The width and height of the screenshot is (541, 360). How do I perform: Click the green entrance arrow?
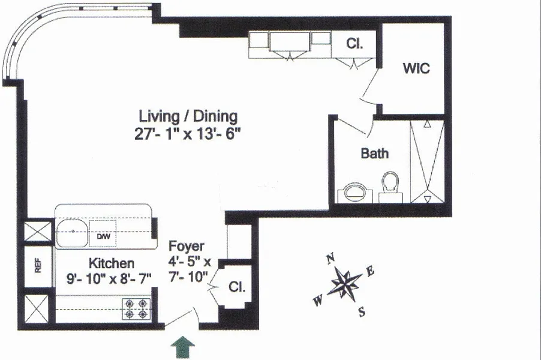(183, 347)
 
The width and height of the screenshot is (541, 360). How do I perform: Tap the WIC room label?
(416, 68)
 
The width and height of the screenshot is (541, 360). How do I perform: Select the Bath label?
(375, 153)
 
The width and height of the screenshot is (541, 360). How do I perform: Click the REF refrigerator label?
(38, 266)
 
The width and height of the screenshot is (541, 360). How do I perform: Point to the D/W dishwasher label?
(104, 236)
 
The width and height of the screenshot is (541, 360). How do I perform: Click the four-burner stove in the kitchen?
(136, 309)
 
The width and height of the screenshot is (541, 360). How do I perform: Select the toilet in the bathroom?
(390, 187)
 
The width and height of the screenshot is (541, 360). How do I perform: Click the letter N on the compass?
(330, 258)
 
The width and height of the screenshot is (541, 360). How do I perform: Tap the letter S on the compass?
(362, 313)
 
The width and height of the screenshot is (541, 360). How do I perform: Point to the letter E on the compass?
(370, 271)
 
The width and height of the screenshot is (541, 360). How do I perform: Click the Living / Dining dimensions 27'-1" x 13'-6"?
(187, 134)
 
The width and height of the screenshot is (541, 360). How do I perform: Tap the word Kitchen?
(112, 263)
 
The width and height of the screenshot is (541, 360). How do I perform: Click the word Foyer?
(187, 246)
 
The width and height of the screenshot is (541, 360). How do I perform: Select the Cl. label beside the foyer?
(238, 286)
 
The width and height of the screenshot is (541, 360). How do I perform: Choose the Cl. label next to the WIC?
(354, 44)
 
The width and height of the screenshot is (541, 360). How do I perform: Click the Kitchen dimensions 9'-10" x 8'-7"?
(109, 278)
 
